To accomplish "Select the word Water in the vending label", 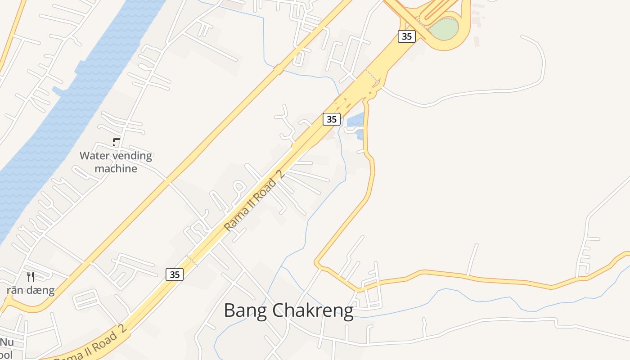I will (95, 156).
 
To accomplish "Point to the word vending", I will (131, 156).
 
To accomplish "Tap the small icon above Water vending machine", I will (116, 142).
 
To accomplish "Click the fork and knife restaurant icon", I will (31, 276).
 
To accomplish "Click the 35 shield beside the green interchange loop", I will (406, 36).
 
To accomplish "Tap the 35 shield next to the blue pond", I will (331, 119).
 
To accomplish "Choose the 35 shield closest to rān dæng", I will (175, 274).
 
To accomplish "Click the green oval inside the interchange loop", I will (443, 28).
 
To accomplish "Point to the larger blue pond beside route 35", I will (355, 120).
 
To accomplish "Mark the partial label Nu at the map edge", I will (7, 342).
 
